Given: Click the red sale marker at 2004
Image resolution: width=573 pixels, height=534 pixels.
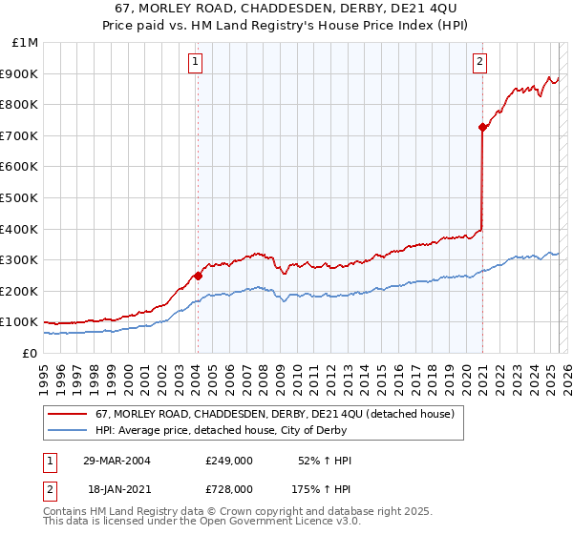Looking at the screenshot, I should tap(198, 276).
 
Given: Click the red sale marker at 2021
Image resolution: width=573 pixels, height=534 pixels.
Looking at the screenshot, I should tap(482, 127).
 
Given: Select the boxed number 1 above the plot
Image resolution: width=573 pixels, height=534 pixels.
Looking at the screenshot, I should tap(195, 63).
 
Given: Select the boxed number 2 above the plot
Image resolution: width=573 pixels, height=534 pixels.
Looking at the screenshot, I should tap(479, 63).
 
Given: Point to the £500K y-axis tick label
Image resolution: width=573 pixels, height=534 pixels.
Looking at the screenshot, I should tap(21, 197).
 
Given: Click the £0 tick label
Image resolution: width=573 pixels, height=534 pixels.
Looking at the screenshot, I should tap(31, 353).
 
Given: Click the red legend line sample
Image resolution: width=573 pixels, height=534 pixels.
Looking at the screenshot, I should tap(68, 414).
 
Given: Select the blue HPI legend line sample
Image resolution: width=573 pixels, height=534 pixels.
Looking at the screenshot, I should tap(68, 430).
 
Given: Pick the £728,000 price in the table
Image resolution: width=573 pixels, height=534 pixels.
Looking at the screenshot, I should tap(228, 488).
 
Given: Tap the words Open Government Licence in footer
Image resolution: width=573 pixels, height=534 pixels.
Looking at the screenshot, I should tap(264, 523).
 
